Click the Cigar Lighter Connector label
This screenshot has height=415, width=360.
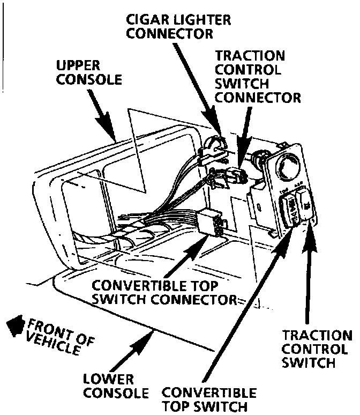178,26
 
